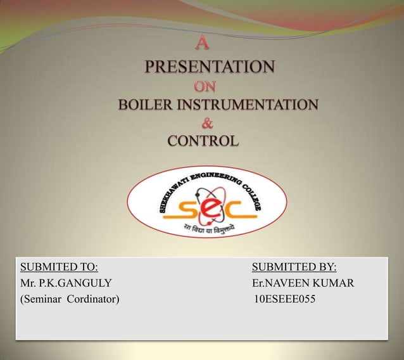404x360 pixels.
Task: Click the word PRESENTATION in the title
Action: pyautogui.click(x=210, y=67)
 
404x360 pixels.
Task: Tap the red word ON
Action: pyautogui.click(x=205, y=86)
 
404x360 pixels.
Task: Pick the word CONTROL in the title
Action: pyautogui.click(x=203, y=141)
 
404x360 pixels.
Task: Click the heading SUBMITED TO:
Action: pyautogui.click(x=59, y=267)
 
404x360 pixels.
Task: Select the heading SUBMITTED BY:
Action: pyautogui.click(x=294, y=267)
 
